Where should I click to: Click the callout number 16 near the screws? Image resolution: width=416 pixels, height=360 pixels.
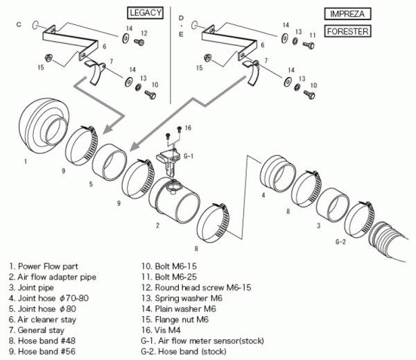click(188, 128)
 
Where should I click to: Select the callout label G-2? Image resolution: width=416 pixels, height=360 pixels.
click(340, 242)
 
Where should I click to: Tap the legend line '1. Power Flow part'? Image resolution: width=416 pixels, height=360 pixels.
click(44, 265)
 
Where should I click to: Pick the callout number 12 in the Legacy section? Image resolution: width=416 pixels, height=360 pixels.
click(144, 33)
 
